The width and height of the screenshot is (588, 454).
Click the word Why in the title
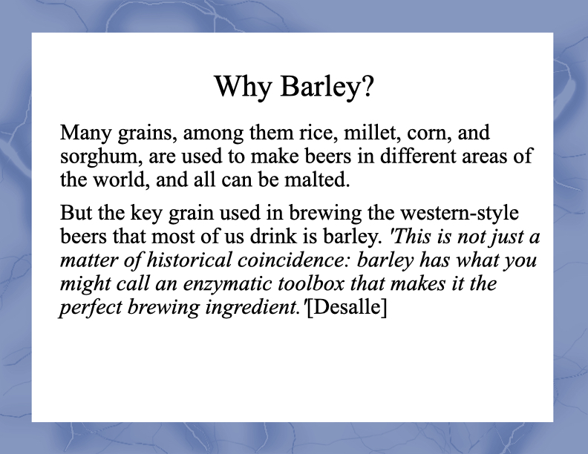click(x=243, y=87)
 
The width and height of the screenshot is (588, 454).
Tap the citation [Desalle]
click(x=347, y=308)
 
